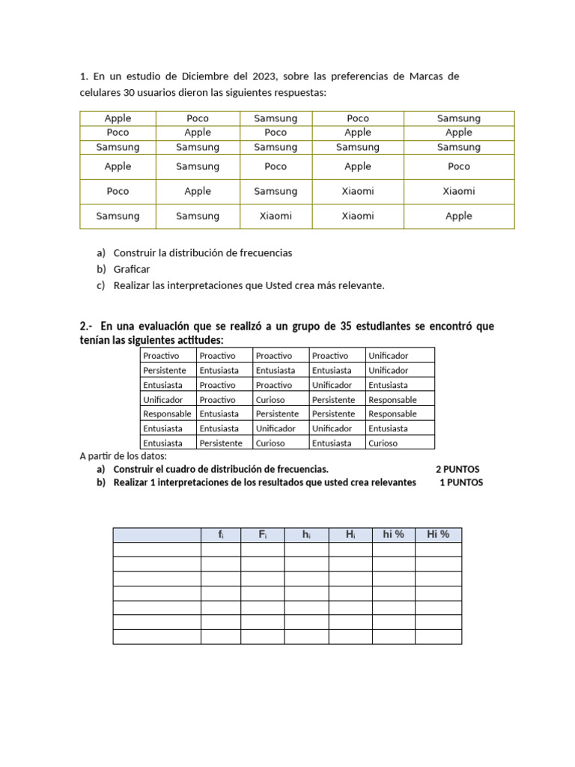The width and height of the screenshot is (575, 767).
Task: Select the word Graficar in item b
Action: tap(132, 269)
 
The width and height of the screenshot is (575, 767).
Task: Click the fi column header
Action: tap(220, 535)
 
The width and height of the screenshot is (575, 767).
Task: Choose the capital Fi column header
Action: tap(262, 535)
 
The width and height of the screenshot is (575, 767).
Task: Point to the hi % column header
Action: tap(393, 535)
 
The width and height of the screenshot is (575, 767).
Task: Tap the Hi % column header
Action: tap(438, 535)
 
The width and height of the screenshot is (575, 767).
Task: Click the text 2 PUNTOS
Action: tap(457, 470)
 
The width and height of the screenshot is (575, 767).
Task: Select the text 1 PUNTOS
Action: tap(461, 483)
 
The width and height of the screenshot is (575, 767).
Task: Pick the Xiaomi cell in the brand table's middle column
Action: tap(276, 216)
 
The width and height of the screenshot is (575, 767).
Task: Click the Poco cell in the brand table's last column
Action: tap(459, 166)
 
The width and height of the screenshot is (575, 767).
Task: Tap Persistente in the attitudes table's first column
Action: tap(165, 371)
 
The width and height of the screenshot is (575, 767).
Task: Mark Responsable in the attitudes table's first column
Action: tap(168, 414)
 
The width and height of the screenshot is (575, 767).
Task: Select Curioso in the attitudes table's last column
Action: tap(383, 443)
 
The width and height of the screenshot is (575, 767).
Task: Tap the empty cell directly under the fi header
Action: tap(220, 550)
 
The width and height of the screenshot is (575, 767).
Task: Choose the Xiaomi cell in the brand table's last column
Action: tap(459, 191)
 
